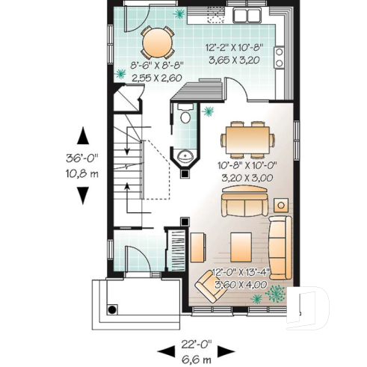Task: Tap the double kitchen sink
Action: (x=247, y=16)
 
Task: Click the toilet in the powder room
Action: (x=185, y=115)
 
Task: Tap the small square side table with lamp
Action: (x=281, y=205)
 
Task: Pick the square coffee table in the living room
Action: (x=241, y=244)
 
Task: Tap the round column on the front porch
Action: (x=111, y=309)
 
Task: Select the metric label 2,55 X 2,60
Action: (x=157, y=75)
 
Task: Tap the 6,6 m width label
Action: (x=197, y=359)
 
